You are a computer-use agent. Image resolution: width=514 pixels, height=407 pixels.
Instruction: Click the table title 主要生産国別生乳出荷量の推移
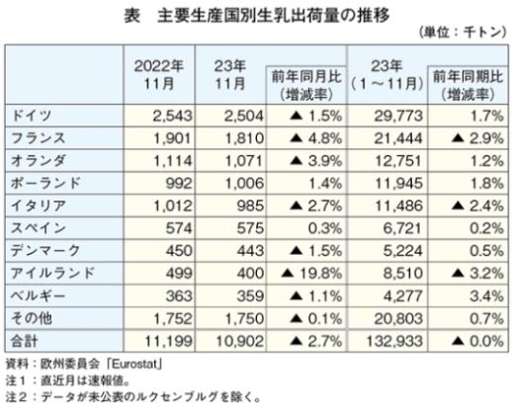pos(274,16)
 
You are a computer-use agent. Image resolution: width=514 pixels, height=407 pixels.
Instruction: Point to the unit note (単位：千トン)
pos(463,33)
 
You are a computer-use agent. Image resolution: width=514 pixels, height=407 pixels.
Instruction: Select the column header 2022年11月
pos(159,75)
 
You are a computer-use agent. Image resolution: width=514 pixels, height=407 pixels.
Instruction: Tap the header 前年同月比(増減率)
pos(306,86)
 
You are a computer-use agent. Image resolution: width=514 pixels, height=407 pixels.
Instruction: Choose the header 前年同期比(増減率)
pos(468,86)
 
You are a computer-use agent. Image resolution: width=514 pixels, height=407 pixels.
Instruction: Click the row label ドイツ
pos(32,116)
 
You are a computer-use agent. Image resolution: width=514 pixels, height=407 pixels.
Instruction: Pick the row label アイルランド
pos(52,273)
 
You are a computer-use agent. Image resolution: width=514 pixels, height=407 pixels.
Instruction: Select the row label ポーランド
pos(45,183)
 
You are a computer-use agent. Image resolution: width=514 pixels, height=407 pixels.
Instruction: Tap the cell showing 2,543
pos(172,116)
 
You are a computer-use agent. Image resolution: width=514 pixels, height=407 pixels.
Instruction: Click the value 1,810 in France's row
pos(244,138)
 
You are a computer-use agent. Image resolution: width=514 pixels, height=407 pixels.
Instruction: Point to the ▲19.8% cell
pos(311,274)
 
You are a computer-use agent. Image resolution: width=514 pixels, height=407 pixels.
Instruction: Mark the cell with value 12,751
pos(398,161)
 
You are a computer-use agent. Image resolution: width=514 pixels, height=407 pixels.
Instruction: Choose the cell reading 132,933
pos(394,341)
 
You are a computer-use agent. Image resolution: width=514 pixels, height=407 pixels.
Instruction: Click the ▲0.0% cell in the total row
pos(477,341)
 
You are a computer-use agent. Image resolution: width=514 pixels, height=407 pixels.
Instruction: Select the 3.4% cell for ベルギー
pos(486,296)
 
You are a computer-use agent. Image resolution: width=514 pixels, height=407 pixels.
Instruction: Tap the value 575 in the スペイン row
pos(250,228)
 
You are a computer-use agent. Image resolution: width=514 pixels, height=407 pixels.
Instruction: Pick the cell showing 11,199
pos(168,341)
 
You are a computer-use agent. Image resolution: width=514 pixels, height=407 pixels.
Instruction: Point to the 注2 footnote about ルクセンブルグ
pos(133,397)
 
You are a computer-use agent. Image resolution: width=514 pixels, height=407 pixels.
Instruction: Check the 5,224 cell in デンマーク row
pos(402,251)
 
